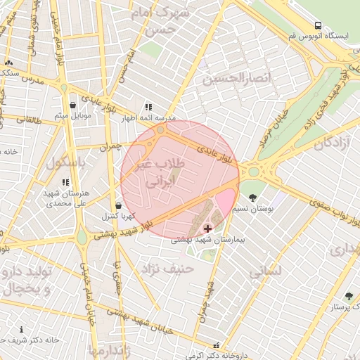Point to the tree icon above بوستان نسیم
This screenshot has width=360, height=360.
coord(253,198)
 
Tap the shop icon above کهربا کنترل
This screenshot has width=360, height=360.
coord(117,205)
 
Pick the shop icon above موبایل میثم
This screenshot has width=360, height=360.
coord(72,105)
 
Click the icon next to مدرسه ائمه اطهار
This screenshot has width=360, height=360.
coord(148,107)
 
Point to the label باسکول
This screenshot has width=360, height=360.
coord(66,163)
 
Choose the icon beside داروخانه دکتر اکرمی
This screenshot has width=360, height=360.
coord(216,345)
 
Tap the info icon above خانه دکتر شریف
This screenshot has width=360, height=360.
coord(21,329)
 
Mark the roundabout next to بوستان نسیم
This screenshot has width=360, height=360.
coord(253,172)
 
